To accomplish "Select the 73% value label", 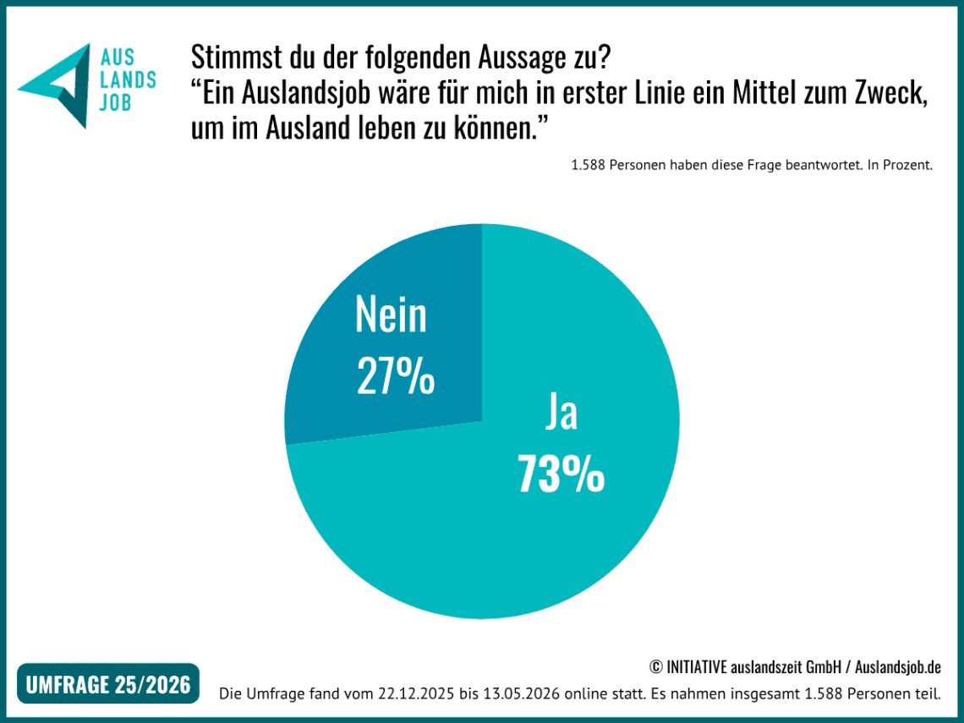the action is [561, 474].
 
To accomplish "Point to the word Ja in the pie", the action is [561, 413].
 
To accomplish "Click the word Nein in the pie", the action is [391, 315].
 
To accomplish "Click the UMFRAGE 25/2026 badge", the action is [108, 683].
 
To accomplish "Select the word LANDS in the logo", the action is [128, 80].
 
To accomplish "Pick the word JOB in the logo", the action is [116, 102].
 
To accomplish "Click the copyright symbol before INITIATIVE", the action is [655, 667].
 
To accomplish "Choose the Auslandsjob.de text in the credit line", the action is [897, 667].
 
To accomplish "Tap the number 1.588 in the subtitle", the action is [588, 165].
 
